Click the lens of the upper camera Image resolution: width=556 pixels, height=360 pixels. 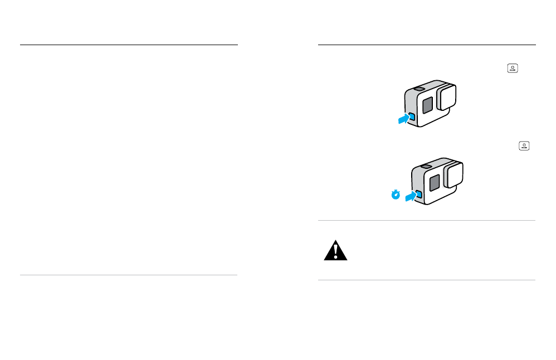click(447, 96)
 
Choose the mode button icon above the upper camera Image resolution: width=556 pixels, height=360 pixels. click(512, 69)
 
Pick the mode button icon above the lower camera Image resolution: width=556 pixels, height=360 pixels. click(524, 146)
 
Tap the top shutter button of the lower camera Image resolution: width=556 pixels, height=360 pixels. click(425, 166)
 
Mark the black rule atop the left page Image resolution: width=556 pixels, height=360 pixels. click(129, 45)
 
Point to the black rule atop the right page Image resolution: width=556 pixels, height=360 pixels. click(426, 45)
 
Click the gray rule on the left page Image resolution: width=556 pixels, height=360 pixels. click(129, 275)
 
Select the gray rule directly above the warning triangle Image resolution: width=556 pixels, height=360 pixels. click(426, 221)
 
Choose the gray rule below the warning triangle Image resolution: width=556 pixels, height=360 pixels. click(426, 280)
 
